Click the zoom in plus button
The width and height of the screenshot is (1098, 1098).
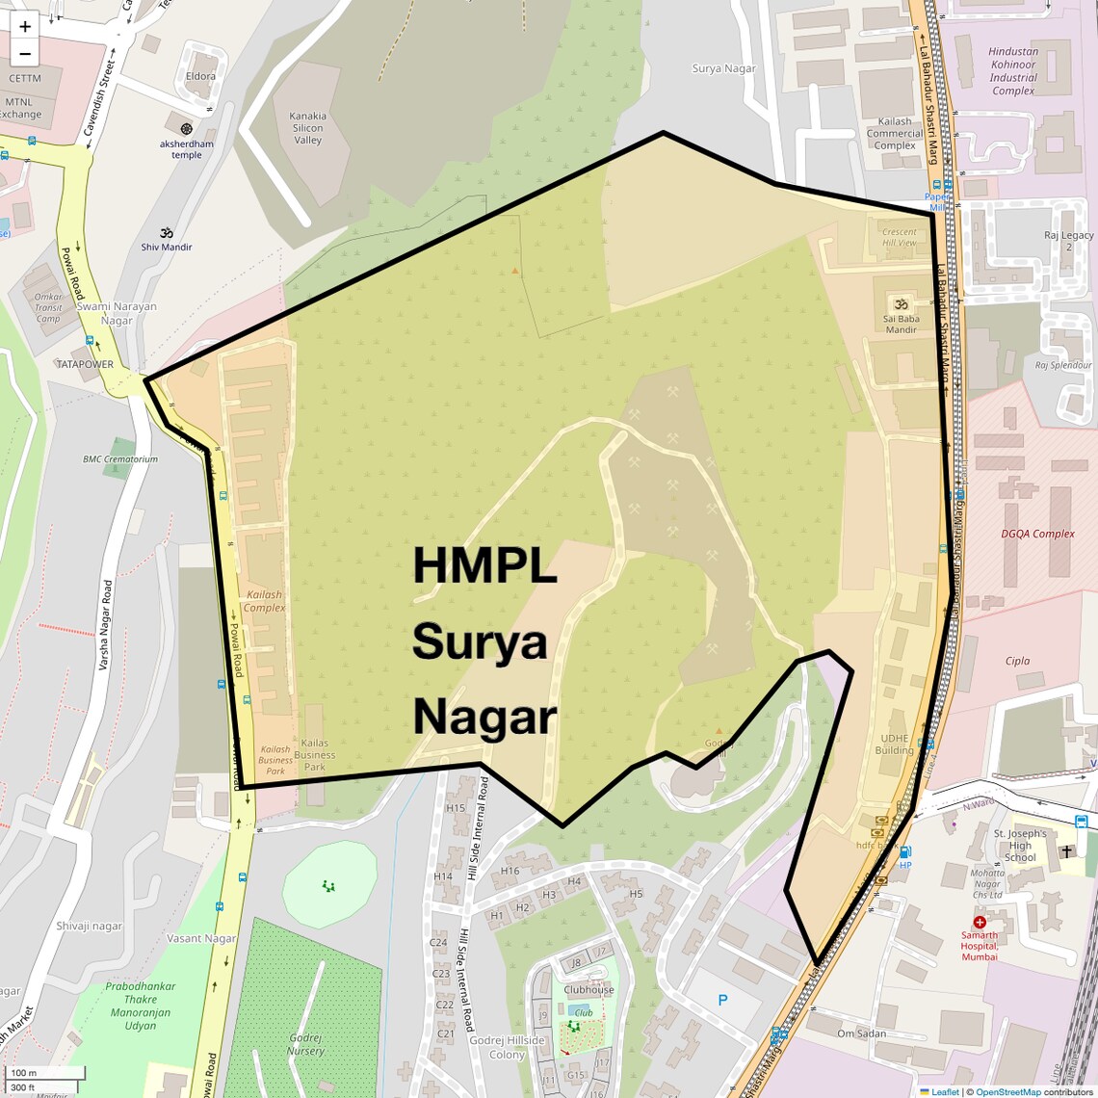tap(25, 26)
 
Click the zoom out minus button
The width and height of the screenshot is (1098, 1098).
tap(25, 54)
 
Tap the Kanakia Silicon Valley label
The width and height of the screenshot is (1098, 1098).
tap(307, 128)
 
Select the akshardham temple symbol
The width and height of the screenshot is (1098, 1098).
tap(187, 128)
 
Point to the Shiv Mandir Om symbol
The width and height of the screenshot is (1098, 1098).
tap(166, 232)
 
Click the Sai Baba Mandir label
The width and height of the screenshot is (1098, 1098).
tap(902, 324)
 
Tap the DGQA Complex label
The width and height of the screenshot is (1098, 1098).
tap(1037, 534)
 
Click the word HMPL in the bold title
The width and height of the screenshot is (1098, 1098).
tap(484, 565)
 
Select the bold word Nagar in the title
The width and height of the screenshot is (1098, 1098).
tap(484, 718)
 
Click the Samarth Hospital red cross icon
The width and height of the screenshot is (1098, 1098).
tap(980, 922)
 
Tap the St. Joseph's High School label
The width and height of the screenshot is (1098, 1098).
tap(1020, 846)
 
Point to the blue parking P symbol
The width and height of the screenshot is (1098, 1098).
tap(723, 1001)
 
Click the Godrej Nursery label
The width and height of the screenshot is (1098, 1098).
tap(306, 1045)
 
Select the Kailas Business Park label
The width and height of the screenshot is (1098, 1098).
tap(315, 755)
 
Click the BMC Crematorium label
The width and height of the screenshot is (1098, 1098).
tap(120, 459)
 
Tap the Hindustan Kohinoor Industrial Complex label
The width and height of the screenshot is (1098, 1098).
tap(1013, 71)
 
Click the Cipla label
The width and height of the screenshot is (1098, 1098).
tap(1017, 661)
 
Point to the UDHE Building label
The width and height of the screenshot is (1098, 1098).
tap(894, 745)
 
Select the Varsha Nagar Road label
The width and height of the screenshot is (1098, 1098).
tap(107, 625)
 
